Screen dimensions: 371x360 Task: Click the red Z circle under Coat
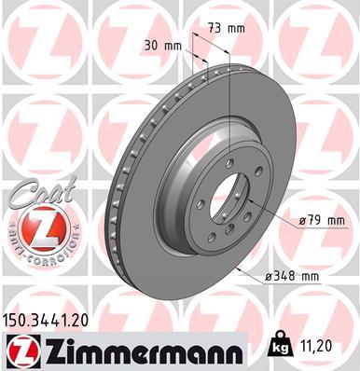coord(35,227)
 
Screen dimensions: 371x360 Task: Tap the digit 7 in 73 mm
coord(212,28)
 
